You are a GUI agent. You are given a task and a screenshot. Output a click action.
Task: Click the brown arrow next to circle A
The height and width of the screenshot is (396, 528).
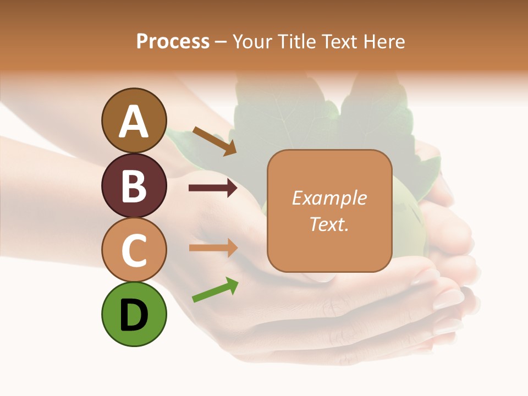(x=215, y=141)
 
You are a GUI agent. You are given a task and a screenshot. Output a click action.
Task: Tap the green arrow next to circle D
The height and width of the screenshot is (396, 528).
(x=215, y=290)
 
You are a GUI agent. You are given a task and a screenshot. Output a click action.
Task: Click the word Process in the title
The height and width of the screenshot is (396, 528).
(x=173, y=41)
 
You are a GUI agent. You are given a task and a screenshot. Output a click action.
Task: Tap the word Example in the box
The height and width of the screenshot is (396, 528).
(x=329, y=198)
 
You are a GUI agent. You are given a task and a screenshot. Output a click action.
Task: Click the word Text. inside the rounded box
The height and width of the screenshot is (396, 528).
(x=329, y=224)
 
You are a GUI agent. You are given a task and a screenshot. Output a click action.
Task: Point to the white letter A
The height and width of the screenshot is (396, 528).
(x=134, y=121)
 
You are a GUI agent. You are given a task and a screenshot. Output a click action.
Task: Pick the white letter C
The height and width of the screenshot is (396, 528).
(x=134, y=250)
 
